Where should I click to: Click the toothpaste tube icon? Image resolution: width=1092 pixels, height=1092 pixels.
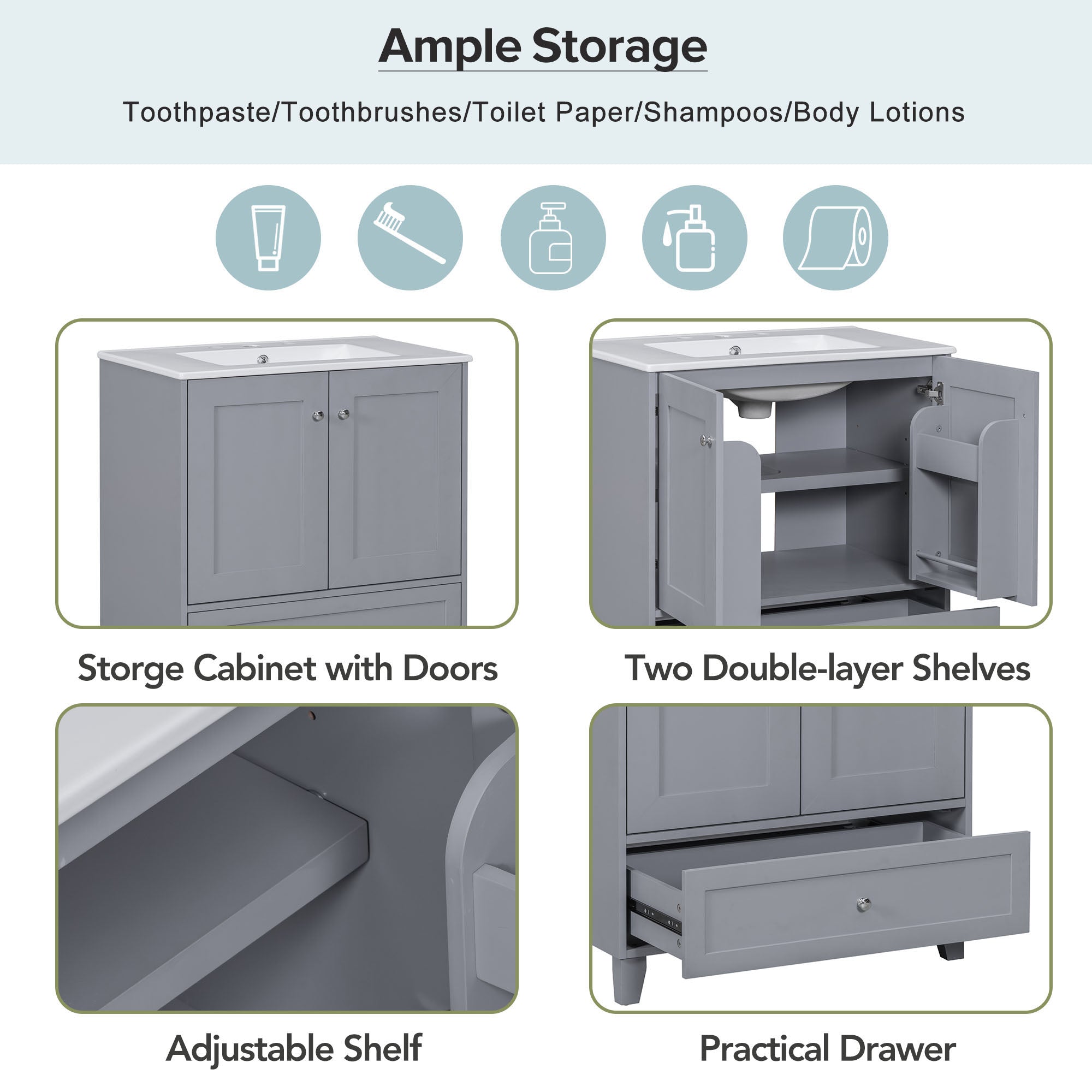(268, 238)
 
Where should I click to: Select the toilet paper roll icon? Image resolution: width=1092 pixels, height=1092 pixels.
(835, 238)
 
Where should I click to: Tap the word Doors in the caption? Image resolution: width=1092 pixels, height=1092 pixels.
(450, 668)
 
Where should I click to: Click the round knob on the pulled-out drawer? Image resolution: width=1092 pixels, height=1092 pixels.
(863, 904)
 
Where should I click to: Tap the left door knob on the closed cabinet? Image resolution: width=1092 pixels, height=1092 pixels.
(318, 416)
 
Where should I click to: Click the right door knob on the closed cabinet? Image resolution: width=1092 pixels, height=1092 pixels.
(343, 415)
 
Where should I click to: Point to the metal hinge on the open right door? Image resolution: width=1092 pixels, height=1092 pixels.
(931, 391)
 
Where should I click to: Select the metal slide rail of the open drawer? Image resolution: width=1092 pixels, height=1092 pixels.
(657, 916)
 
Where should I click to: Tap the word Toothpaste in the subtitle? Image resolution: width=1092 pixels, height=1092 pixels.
(197, 112)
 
